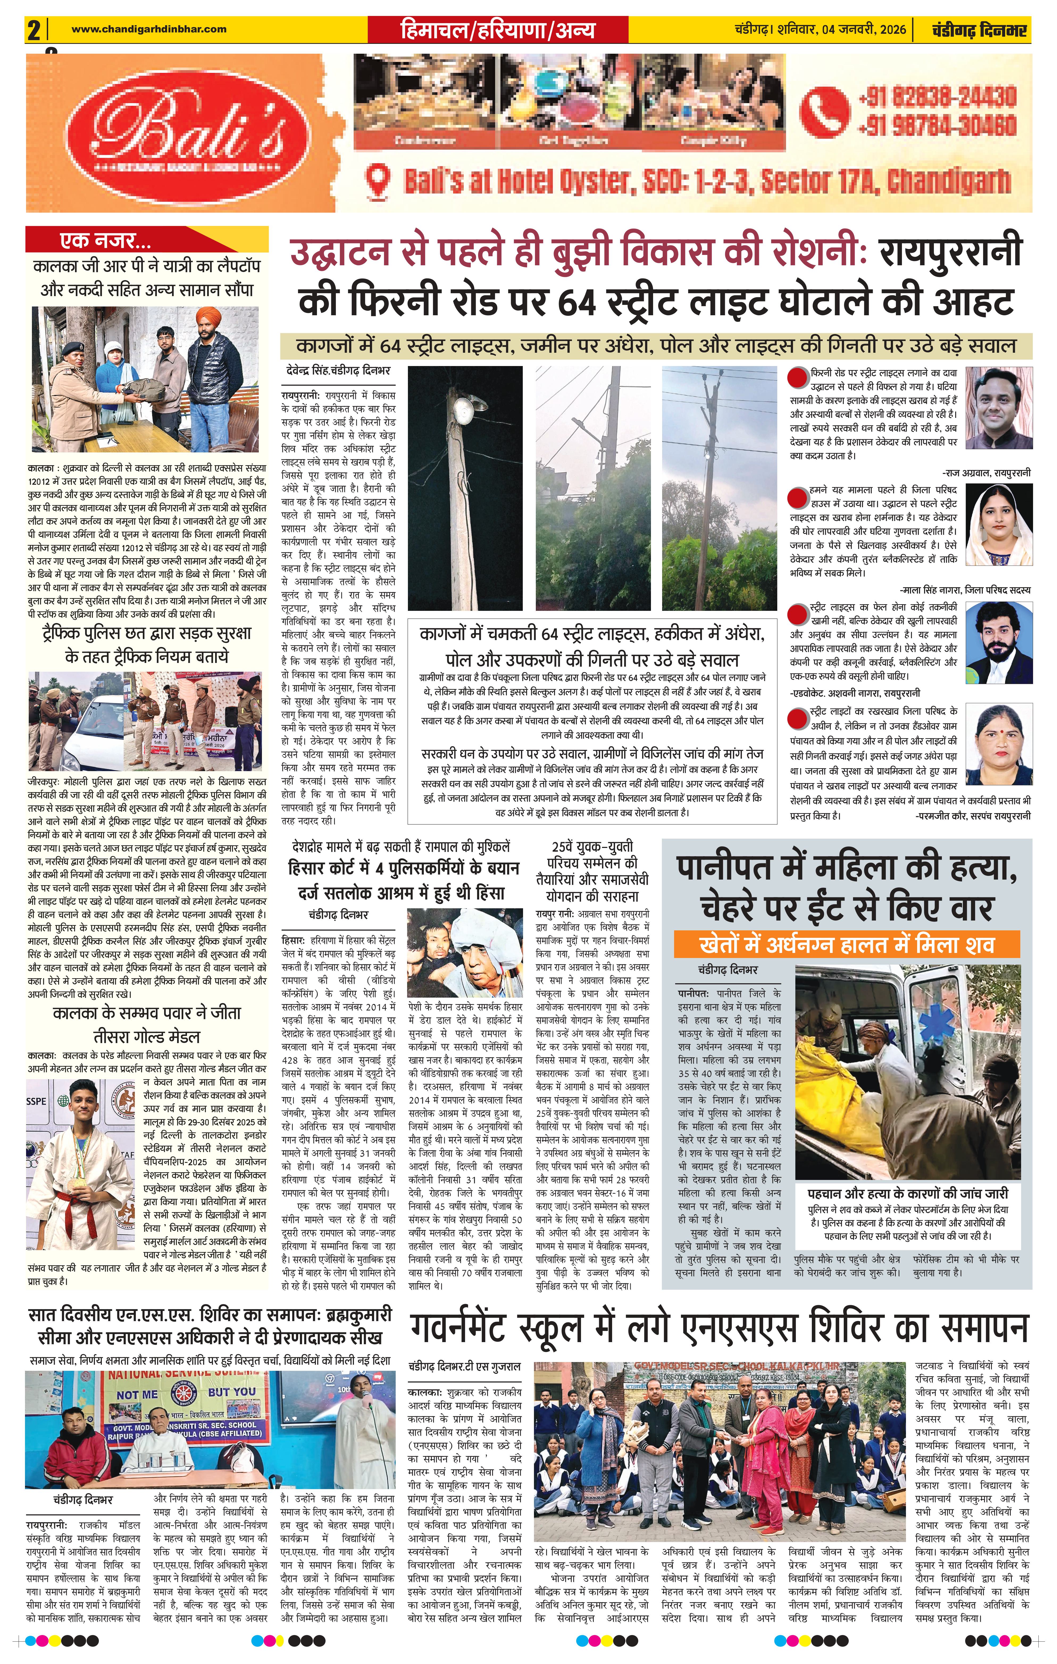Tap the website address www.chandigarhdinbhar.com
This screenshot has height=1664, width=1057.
[x=149, y=29]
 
